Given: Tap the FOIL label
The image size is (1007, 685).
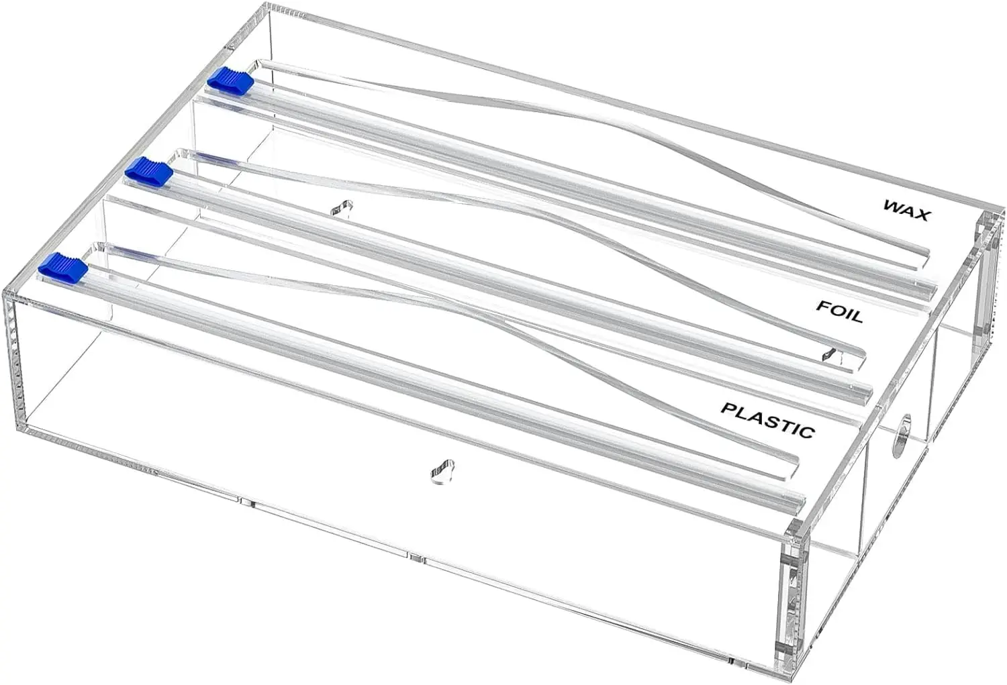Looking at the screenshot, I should [x=838, y=312].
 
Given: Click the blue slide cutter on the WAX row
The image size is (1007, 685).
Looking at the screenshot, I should [x=230, y=79].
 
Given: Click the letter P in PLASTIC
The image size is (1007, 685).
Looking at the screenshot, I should [x=728, y=408].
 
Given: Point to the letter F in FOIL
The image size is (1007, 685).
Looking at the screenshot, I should [x=822, y=306].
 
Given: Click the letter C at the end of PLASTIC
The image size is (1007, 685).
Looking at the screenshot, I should [x=807, y=432].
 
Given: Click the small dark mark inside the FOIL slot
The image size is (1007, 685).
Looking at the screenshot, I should [x=832, y=354].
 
